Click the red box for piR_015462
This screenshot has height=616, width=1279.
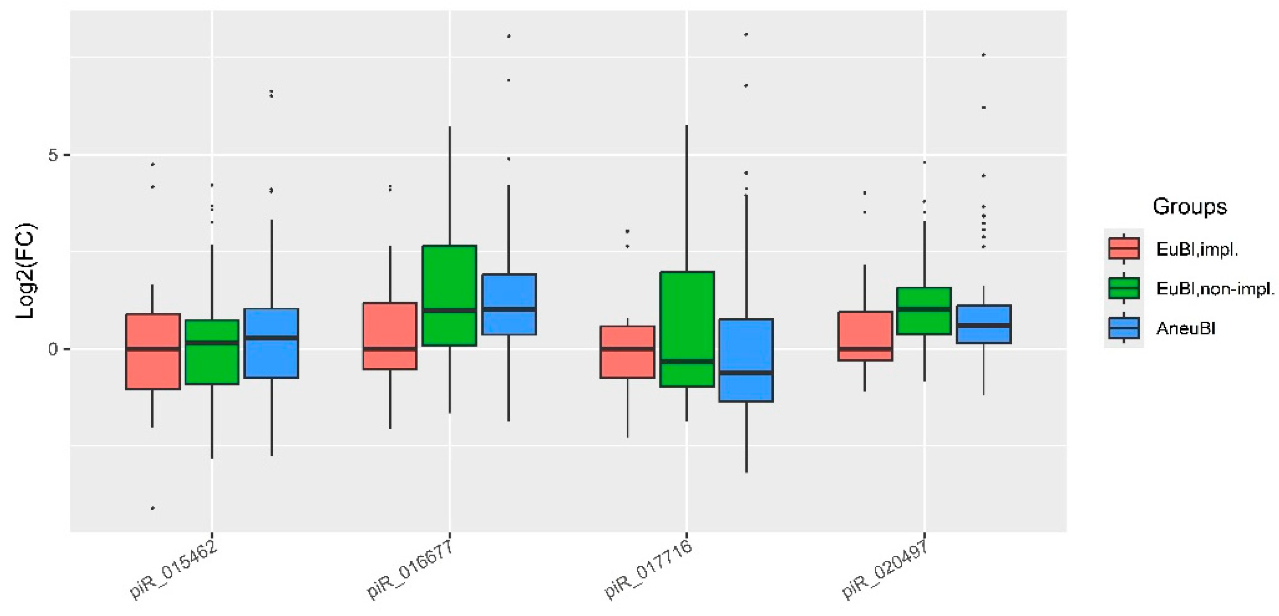coord(153,351)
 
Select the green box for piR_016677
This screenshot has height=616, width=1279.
coord(449,295)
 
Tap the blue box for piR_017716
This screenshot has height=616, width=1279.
coord(746,360)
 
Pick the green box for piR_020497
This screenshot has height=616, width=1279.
coord(924,311)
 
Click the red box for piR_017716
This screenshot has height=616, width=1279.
coord(627,352)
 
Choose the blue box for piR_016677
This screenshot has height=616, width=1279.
coord(509,304)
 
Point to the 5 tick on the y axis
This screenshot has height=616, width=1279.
coord(53,155)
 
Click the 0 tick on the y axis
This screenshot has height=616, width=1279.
coord(53,349)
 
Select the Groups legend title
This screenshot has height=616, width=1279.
coord(1189,206)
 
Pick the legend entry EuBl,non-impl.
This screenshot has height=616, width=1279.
coord(1215,288)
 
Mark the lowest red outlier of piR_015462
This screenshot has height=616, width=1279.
coord(153,508)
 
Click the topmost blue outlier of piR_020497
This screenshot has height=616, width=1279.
coord(983,55)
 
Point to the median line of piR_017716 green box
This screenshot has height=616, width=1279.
coord(687,361)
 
